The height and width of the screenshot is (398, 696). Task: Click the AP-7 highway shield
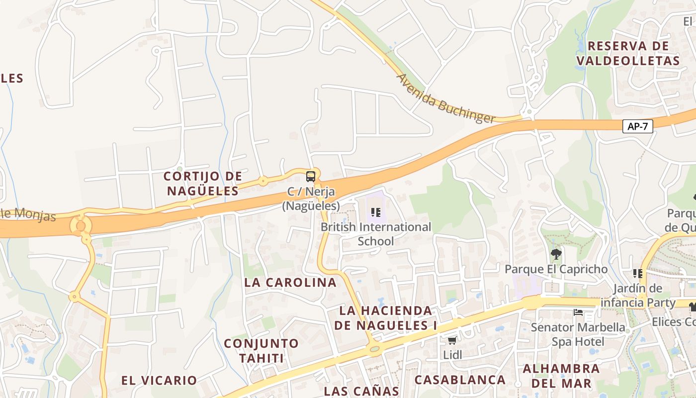637,126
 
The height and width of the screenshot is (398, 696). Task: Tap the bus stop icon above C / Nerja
311,176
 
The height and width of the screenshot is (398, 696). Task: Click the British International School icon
376,212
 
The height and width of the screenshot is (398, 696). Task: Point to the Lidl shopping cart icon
452,340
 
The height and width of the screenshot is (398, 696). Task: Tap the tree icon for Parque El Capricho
556,254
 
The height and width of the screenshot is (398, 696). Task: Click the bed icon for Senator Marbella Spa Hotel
578,313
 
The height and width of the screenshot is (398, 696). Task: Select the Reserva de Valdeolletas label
628,53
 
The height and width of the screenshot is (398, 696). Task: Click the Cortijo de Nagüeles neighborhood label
203,183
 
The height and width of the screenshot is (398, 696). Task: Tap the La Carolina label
290,282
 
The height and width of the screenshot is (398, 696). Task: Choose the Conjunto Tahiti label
261,350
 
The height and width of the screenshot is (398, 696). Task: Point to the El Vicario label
159,381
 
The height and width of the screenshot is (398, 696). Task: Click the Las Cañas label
361,391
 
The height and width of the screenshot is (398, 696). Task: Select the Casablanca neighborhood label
460,380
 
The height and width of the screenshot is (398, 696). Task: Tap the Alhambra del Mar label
561,376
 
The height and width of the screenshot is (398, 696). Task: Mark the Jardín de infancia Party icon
638,273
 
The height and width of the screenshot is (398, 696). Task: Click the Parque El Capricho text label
556,269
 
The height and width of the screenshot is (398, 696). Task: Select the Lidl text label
452,355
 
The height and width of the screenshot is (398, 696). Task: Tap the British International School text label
376,234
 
